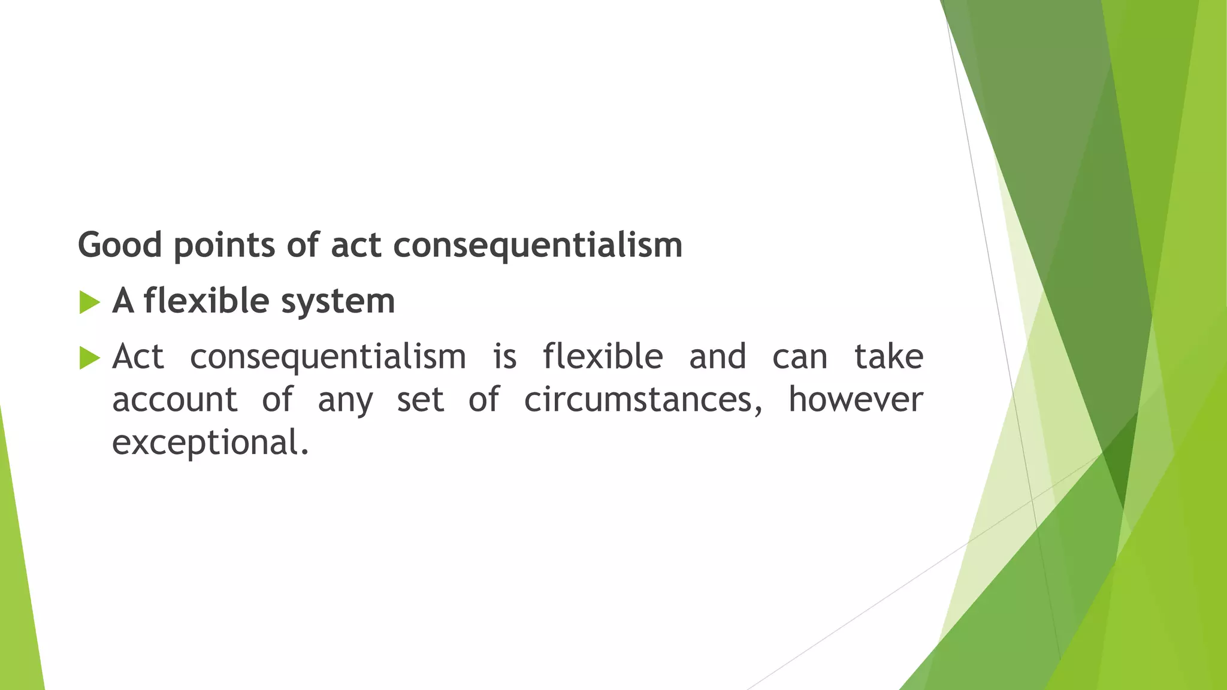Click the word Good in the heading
tap(120, 246)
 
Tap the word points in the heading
tap(224, 246)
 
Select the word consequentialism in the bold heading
tap(537, 246)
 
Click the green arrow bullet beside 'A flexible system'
tap(89, 302)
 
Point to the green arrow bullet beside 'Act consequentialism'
tap(89, 358)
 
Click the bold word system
tap(338, 301)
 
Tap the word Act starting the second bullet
tap(138, 357)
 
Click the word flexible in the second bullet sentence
tap(603, 357)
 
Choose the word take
tap(888, 357)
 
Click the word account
tap(175, 400)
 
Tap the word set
tap(420, 400)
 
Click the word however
tap(856, 400)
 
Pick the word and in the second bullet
tap(718, 357)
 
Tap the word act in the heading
tap(356, 246)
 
